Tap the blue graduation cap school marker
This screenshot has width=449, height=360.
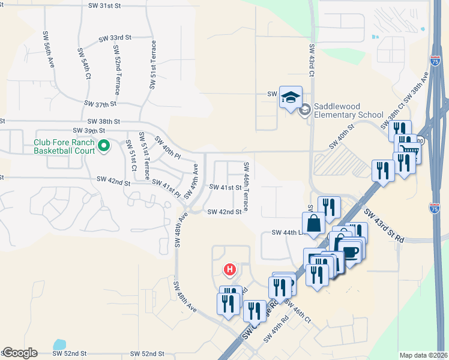tap(291, 98)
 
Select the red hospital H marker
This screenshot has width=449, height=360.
tap(229, 270)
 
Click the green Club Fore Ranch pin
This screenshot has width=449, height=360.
tap(103, 145)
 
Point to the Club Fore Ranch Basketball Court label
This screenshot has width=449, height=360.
tap(64, 146)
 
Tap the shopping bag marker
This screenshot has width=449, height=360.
tap(314, 224)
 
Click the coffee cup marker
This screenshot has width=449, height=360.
tap(350, 249)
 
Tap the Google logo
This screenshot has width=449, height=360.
tap(20, 353)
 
